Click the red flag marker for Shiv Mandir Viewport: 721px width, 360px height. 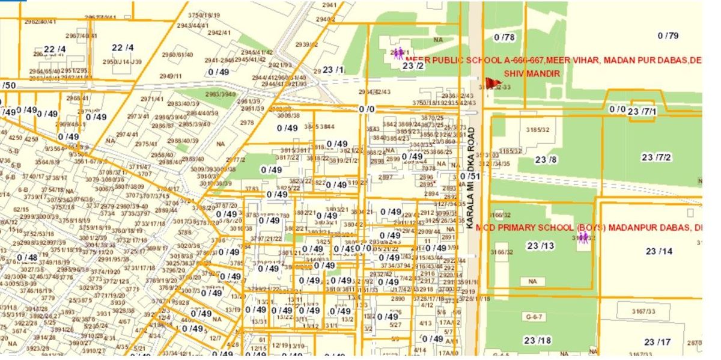(492, 84)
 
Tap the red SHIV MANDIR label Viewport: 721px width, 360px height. (532, 73)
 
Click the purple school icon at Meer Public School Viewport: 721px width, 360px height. (398, 54)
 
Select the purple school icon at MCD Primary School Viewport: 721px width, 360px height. (583, 238)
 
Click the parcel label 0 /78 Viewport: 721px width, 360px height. (504, 37)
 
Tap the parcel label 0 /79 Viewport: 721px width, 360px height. (668, 35)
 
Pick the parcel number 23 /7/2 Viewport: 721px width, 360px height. (656, 157)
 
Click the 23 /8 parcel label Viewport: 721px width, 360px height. (546, 159)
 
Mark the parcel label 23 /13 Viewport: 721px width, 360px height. (540, 245)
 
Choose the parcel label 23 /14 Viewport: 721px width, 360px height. (659, 251)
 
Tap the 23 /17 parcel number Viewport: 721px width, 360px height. (657, 342)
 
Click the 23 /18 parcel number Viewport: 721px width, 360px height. (537, 340)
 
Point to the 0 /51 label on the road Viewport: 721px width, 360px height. (470, 176)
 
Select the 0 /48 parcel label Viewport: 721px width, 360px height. (27, 257)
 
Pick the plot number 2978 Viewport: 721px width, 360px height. (247, 123)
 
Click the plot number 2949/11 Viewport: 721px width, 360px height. (171, 76)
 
